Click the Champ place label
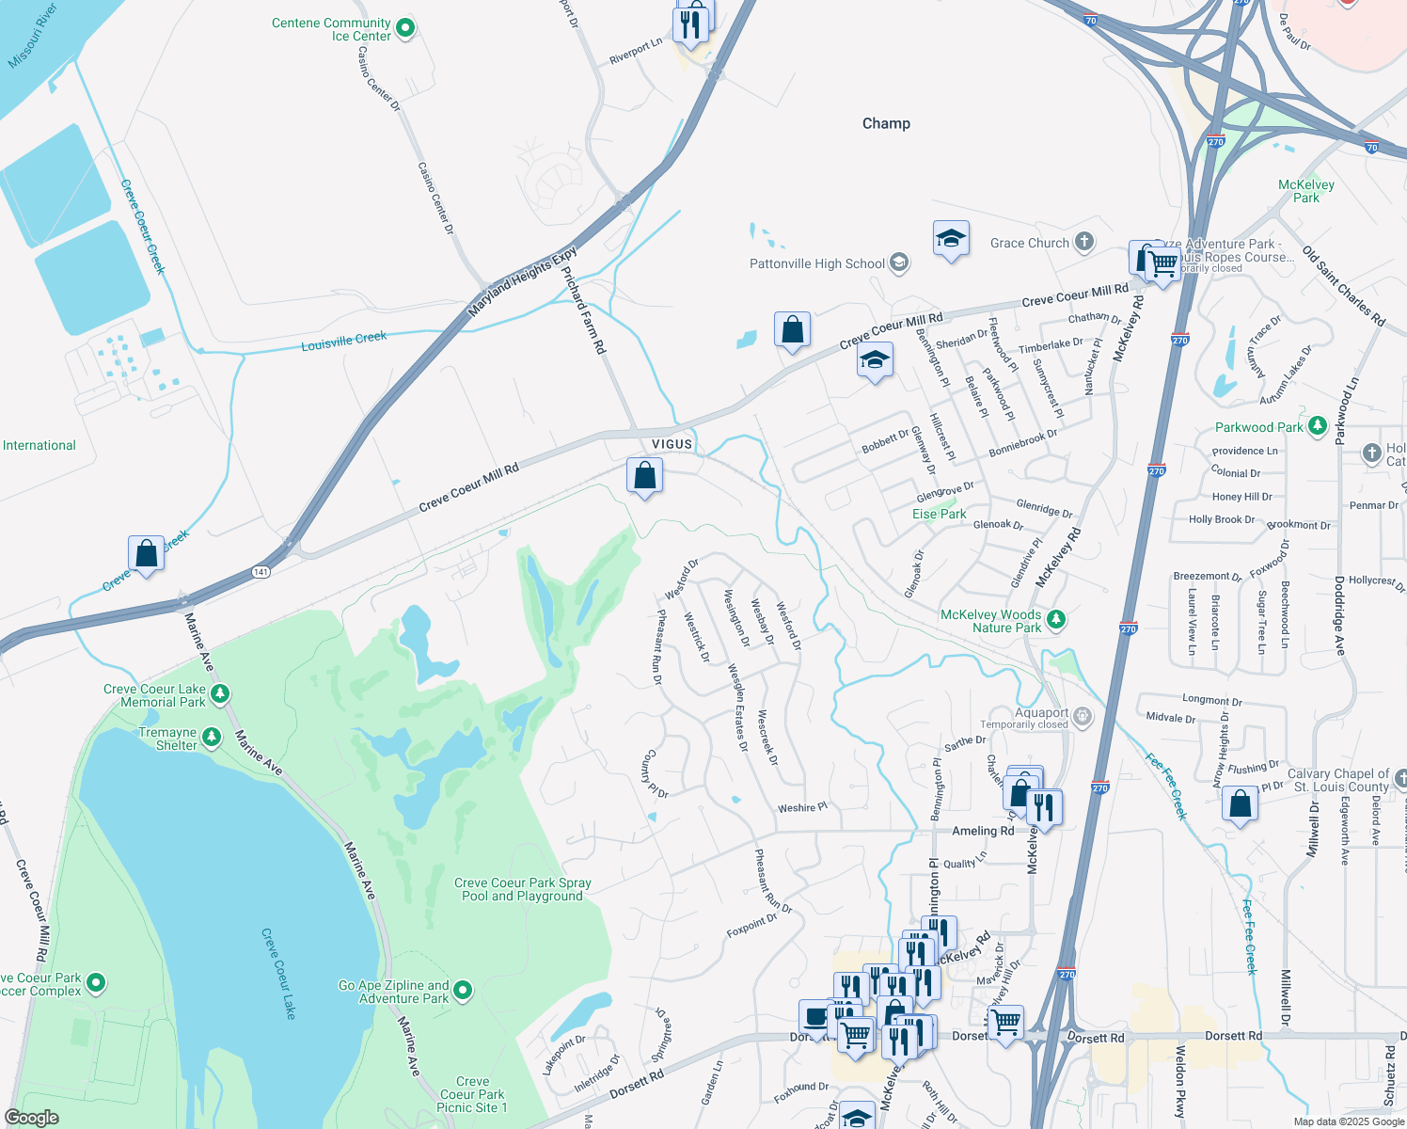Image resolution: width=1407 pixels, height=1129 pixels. coord(886,123)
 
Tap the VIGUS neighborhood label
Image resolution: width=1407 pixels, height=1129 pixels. coord(672,444)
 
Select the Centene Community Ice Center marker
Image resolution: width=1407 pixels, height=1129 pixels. coord(405,29)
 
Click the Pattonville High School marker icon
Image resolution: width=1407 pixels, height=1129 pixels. coord(899,262)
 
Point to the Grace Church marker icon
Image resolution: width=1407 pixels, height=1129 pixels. coord(1084,243)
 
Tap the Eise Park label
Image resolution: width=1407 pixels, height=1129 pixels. coord(939,514)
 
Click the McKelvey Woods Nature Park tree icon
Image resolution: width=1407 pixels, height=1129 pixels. coord(1056,619)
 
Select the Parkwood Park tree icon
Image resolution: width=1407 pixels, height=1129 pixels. coord(1317,426)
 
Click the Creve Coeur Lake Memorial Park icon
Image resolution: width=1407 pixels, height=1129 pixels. coord(220,694)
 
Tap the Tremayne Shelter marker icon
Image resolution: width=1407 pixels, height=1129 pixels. coord(212,737)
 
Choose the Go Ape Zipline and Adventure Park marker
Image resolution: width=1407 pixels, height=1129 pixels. coord(463,990)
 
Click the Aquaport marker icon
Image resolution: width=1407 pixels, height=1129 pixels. coord(1083,717)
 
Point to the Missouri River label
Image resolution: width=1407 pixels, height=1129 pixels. coord(33,36)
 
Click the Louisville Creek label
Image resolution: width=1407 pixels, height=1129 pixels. coord(343,341)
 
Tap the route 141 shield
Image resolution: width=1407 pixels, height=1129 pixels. coord(261,571)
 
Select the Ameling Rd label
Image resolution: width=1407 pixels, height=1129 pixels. coord(983,831)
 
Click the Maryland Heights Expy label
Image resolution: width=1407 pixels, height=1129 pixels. coord(522,281)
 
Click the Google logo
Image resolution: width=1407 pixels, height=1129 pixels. coord(32,1117)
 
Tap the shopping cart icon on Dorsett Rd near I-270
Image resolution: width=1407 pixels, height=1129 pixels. coord(1006,1022)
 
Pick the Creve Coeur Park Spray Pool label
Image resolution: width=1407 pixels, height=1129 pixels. coord(522,889)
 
